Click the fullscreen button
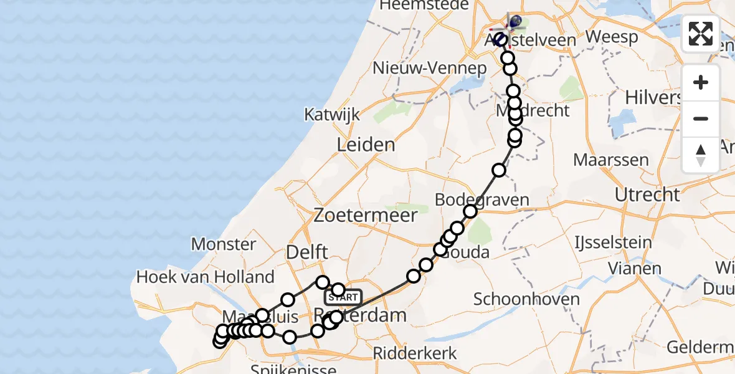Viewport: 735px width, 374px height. (701, 34)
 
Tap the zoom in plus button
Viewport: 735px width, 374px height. (701, 83)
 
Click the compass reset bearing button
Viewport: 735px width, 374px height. (701, 154)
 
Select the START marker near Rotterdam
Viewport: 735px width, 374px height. (343, 297)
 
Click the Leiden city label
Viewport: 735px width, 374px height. (366, 145)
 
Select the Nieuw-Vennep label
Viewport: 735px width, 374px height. (429, 68)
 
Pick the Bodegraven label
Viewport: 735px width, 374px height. (482, 200)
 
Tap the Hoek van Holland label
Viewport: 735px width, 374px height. (206, 277)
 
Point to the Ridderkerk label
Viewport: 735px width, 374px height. (415, 353)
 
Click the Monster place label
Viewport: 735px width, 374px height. (224, 244)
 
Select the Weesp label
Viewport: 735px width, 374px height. (612, 37)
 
